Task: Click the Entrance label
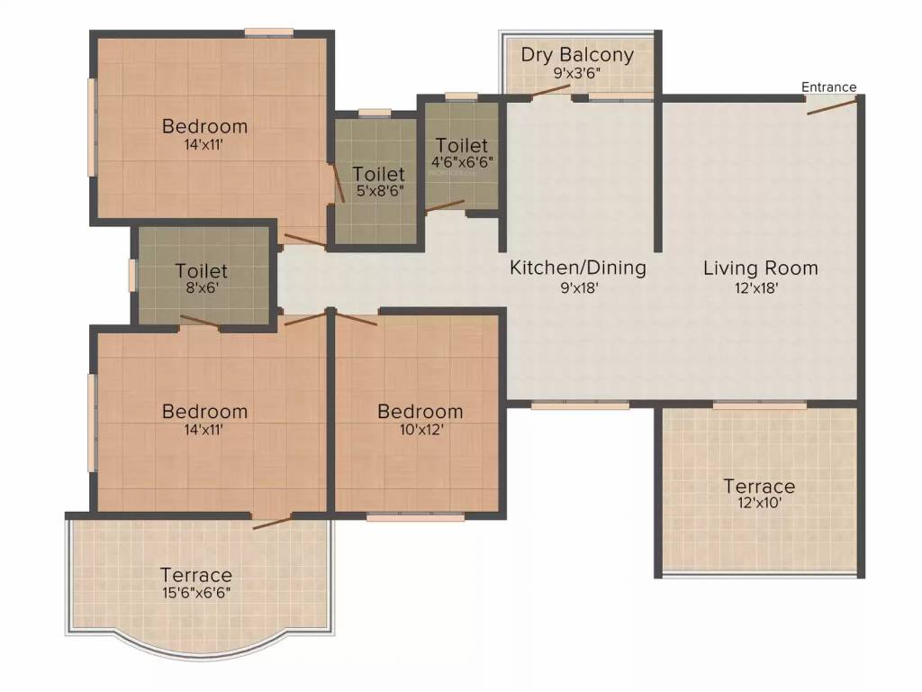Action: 829,87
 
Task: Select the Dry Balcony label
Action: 577,54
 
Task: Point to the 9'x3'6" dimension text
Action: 577,72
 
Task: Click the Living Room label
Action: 760,268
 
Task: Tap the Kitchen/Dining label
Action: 578,268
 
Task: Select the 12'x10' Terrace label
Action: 759,487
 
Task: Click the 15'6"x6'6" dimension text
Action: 196,594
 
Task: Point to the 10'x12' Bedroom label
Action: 420,412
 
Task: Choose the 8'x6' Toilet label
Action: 202,270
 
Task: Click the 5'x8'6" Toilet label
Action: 378,173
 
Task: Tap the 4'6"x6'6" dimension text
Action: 463,162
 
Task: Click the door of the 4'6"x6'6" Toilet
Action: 445,205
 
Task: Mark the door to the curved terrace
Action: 272,521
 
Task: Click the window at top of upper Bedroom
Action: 268,32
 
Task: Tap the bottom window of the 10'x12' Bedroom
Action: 415,517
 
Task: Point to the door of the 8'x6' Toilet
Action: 200,322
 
